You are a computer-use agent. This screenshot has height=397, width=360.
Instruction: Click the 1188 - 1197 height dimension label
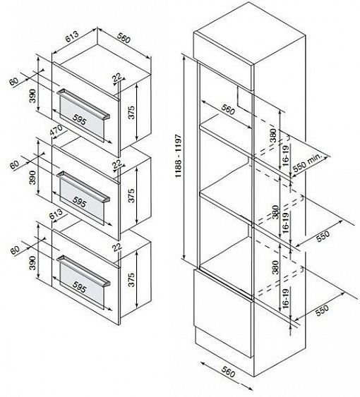coord(179,156)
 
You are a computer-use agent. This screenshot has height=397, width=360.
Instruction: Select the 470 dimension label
coord(56,131)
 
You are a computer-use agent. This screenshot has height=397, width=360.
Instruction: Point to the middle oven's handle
coord(84,186)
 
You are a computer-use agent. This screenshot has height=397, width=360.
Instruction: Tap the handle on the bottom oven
coord(84,270)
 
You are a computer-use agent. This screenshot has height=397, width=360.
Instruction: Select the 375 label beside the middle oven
coord(131,195)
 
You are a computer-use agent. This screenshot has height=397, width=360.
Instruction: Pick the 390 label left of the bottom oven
coord(32,263)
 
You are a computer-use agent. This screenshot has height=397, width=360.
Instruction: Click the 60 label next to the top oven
coord(14,81)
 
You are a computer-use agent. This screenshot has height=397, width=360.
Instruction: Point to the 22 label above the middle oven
coord(117,165)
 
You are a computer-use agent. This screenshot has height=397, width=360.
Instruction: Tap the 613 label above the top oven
coord(72,37)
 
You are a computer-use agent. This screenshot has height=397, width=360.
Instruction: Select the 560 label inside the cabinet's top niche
coord(228,109)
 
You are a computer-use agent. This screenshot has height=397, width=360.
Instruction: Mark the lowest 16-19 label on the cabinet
coord(286,299)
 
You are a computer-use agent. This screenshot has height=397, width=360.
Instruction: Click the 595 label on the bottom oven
coord(79,287)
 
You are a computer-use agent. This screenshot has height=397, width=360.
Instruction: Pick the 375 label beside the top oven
coord(131,112)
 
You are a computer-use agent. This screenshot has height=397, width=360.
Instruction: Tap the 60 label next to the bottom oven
coord(16,250)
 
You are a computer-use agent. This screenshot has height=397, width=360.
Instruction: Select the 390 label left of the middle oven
coord(32,177)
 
